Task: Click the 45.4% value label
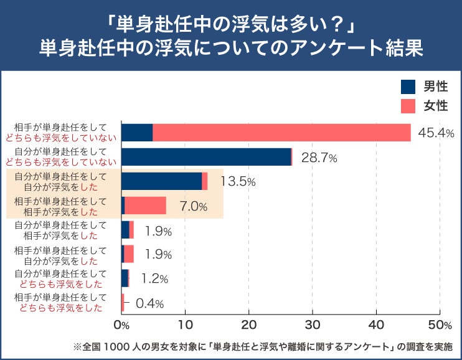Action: [x=436, y=133]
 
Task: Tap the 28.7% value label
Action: [x=319, y=158]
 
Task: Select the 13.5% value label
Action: [x=238, y=181]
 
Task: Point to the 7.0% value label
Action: [x=193, y=206]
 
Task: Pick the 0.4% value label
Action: [x=149, y=303]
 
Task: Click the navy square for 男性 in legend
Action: [x=408, y=87]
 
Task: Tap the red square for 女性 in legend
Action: [x=408, y=106]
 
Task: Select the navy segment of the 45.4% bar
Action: [x=137, y=133]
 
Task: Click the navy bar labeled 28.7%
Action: [x=206, y=157]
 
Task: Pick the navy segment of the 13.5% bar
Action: [x=161, y=181]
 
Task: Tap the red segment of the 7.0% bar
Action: [x=146, y=206]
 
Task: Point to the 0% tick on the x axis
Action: [x=121, y=324]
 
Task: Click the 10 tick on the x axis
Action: [x=185, y=324]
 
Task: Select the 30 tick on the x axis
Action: [x=313, y=324]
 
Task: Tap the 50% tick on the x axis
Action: [x=440, y=324]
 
